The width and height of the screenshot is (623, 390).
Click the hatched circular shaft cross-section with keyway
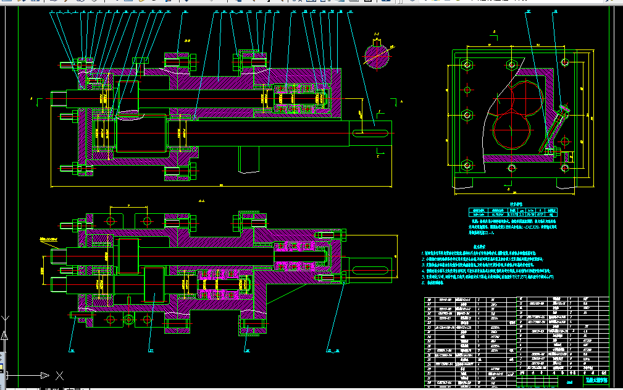coord(377,54)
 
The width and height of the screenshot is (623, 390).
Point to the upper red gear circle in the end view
coord(525,99)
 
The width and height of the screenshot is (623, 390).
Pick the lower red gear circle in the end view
coord(512,130)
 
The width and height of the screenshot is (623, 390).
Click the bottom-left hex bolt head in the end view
coord(467,165)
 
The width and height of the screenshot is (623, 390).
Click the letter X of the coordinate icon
coord(59,375)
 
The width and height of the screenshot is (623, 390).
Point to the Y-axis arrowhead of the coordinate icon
coord(4,336)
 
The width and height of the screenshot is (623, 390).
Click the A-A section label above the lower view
coord(201,201)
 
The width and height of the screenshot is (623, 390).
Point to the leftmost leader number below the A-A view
coord(72,350)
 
